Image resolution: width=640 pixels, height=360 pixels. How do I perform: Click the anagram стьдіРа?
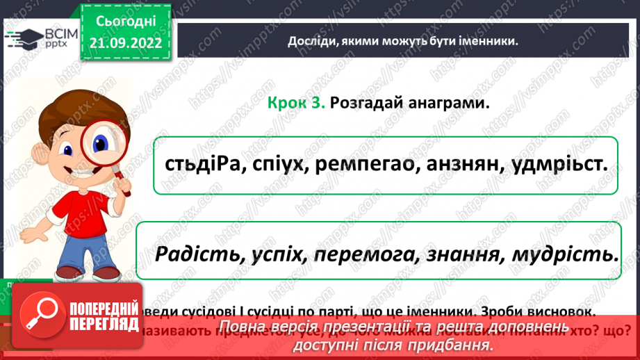[x=196, y=165]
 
